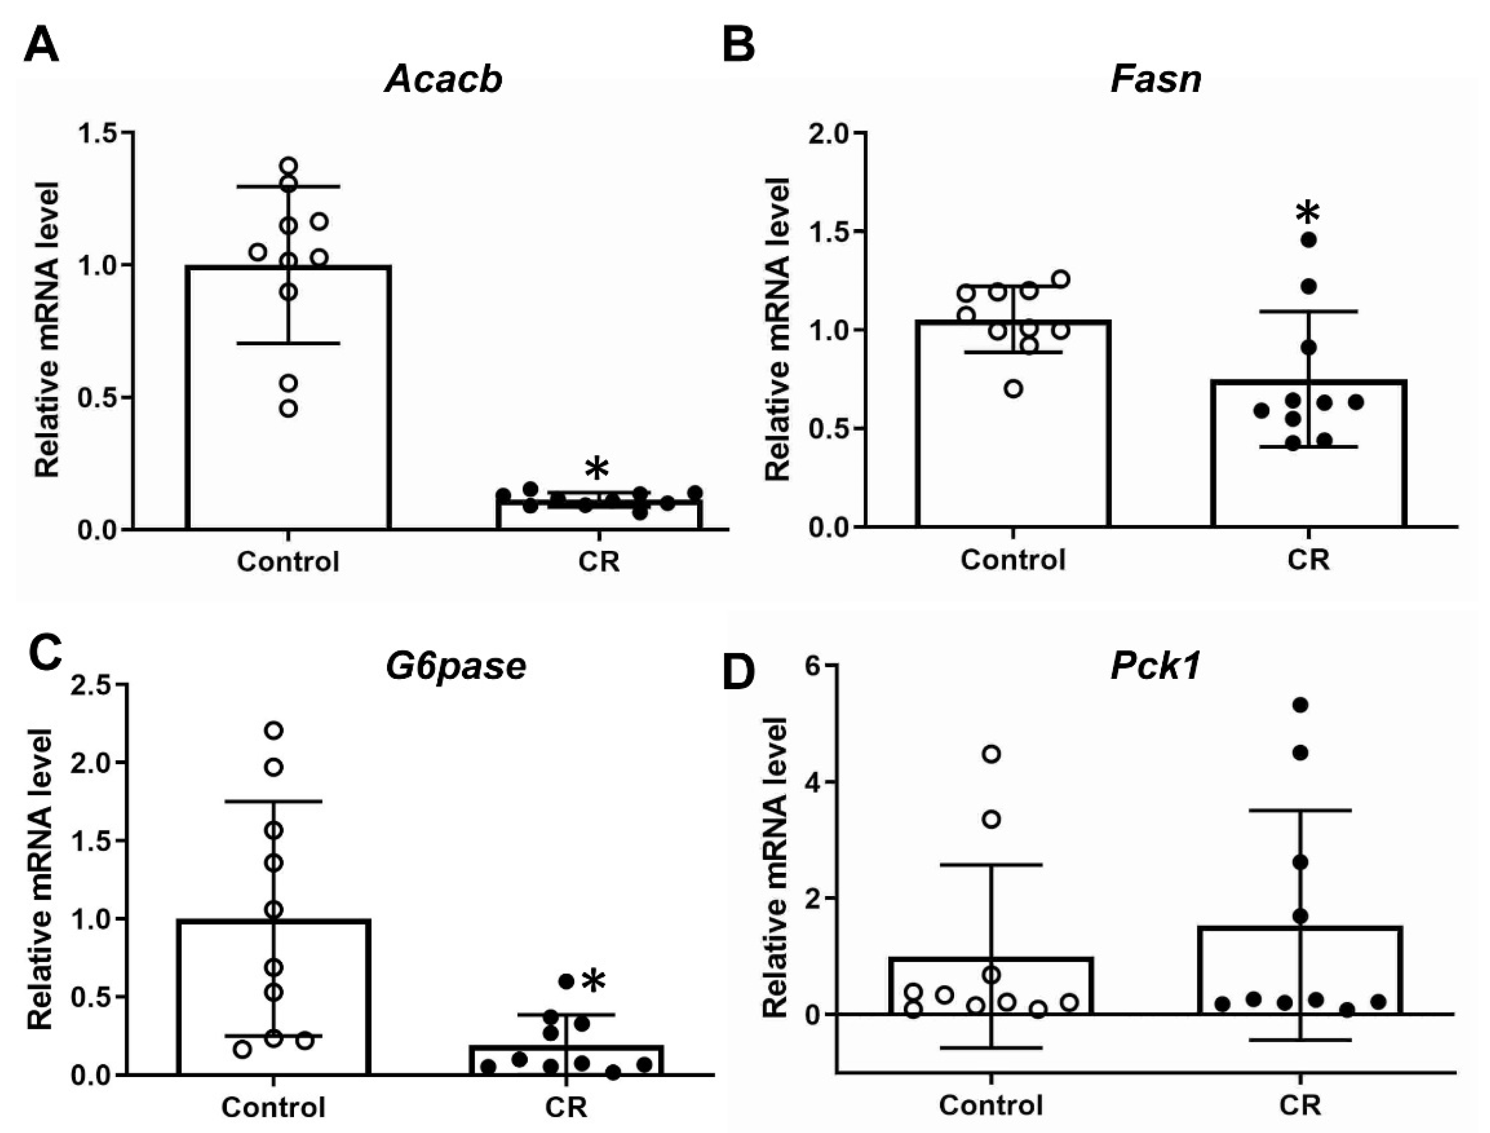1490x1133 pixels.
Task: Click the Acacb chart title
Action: [444, 80]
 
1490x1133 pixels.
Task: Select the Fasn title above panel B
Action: [1156, 80]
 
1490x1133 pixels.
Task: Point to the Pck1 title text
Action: [1156, 666]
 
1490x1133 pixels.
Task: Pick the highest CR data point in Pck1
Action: [1300, 705]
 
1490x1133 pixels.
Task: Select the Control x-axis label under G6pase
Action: [273, 1107]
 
